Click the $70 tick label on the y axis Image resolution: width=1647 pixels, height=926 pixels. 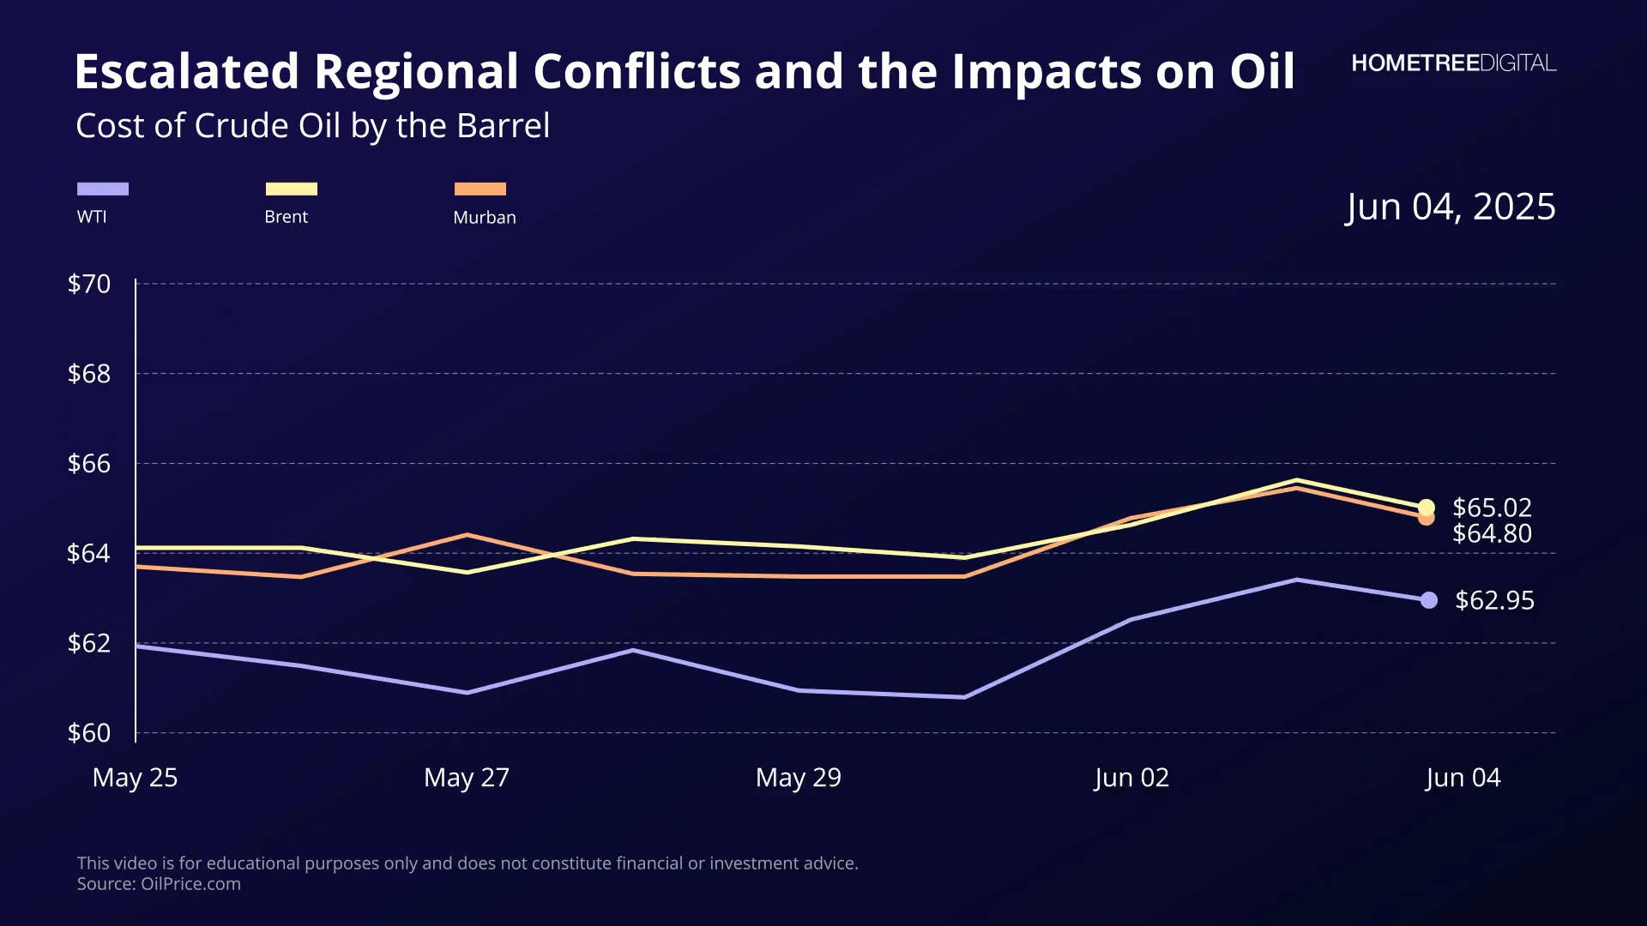pos(89,284)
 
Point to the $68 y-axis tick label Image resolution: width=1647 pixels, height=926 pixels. pos(89,374)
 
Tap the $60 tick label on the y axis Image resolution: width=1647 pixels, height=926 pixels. pos(89,733)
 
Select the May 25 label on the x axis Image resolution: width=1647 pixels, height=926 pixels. pos(135,778)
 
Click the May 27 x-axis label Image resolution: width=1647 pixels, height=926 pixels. pos(467,778)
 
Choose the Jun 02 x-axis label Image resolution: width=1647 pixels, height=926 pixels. pos(1131,778)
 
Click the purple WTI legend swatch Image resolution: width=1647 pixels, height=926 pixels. pos(103,189)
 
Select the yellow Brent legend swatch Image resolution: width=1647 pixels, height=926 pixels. pos(292,189)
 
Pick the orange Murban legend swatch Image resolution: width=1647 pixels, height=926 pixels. pos(480,189)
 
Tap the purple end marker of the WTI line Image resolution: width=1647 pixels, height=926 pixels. pos(1429,600)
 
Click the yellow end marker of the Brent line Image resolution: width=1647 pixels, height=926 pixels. pos(1427,508)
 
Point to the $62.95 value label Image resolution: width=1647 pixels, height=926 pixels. pos(1494,600)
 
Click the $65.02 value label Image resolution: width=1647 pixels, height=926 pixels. pos(1492,508)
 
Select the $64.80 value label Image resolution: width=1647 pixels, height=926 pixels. pos(1492,533)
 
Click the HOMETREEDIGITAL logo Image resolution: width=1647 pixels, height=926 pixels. pos(1453,63)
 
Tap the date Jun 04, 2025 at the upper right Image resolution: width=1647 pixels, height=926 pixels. pos(1451,207)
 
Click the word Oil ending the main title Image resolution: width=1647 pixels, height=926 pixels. pos(1262,71)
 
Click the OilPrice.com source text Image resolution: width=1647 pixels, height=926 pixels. pos(190,884)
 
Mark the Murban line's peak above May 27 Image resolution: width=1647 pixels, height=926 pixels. pos(467,535)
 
